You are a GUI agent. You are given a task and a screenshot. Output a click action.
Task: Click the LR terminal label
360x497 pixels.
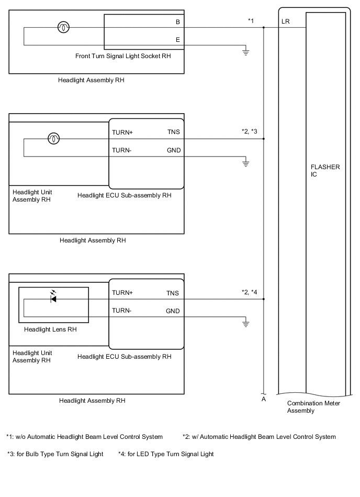coord(285,22)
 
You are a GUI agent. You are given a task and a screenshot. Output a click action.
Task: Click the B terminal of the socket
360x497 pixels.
coord(178,23)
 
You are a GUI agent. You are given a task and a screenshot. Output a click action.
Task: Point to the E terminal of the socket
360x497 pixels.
coord(178,40)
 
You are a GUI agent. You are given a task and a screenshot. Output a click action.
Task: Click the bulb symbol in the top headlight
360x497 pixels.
coord(63,28)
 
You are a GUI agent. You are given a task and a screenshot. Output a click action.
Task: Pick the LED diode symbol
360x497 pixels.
coord(53,299)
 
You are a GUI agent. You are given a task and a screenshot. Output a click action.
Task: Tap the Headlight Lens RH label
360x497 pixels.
coord(50,329)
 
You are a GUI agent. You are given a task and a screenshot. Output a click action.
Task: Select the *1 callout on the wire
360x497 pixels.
coord(251,20)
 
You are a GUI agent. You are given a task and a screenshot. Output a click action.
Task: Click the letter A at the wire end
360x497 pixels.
coord(264,399)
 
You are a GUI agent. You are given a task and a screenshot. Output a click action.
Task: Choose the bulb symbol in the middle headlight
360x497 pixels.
coord(53,139)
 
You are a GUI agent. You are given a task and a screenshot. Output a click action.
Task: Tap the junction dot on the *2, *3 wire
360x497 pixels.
coord(264,139)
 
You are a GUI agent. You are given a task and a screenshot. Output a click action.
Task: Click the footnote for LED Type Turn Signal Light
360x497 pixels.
coord(166,454)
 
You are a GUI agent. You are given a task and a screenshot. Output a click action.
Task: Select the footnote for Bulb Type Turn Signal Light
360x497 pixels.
coord(55,454)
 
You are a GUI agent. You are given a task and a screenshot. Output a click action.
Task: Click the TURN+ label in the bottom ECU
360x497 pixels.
coord(122,293)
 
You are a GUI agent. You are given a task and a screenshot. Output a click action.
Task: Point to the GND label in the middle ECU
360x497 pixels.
coord(173,150)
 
